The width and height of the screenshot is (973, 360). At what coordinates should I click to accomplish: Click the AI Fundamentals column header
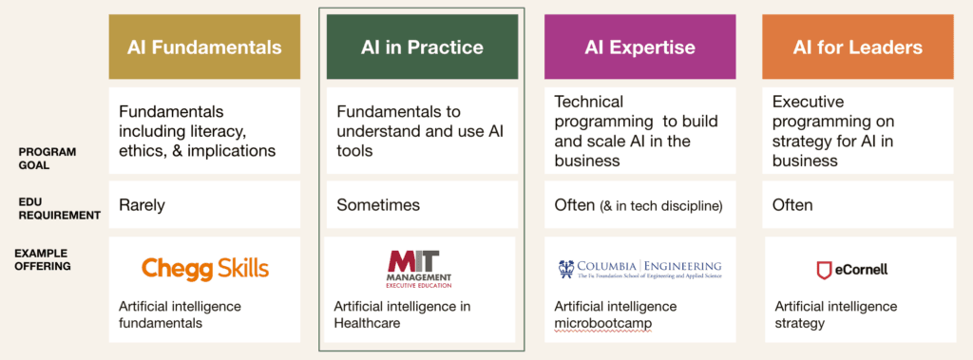204,47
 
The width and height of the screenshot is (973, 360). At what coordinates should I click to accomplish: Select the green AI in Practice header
422,47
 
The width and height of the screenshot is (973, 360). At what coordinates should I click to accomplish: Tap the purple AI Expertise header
639,47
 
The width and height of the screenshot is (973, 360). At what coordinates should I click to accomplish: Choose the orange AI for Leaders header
858,47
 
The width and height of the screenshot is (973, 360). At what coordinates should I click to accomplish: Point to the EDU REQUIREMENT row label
58,209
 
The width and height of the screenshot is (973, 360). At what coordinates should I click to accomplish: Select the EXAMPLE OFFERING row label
42,259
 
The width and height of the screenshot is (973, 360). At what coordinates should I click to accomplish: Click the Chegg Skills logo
205,268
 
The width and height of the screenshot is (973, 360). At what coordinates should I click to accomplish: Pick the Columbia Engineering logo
639,269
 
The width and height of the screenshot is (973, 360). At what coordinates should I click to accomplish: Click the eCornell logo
851,270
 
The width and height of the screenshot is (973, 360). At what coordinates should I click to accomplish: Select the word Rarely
142,205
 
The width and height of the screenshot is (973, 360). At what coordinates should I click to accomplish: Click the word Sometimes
378,205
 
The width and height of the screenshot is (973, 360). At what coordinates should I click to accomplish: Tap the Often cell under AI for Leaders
792,205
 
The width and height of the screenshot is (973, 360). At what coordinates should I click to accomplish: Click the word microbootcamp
603,323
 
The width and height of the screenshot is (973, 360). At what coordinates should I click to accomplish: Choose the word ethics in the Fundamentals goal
141,150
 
